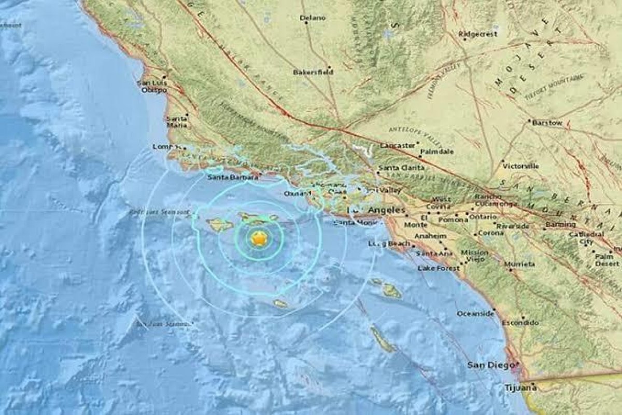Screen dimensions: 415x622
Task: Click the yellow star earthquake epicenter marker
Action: pos(258,239)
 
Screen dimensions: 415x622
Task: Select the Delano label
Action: pos(313,18)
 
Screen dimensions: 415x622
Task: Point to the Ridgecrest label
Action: pos(477,34)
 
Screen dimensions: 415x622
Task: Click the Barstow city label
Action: pos(548,123)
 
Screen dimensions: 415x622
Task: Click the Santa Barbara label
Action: pos(233,177)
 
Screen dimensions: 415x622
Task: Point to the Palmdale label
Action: pos(437,151)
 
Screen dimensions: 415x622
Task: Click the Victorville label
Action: pos(520,166)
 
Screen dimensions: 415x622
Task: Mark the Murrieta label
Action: pos(520,264)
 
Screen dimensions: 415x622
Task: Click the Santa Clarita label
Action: pos(401,168)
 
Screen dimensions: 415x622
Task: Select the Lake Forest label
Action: pos(439,268)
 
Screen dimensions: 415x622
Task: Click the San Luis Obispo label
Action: pos(152,86)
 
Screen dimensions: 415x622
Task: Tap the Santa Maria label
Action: pos(177,122)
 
